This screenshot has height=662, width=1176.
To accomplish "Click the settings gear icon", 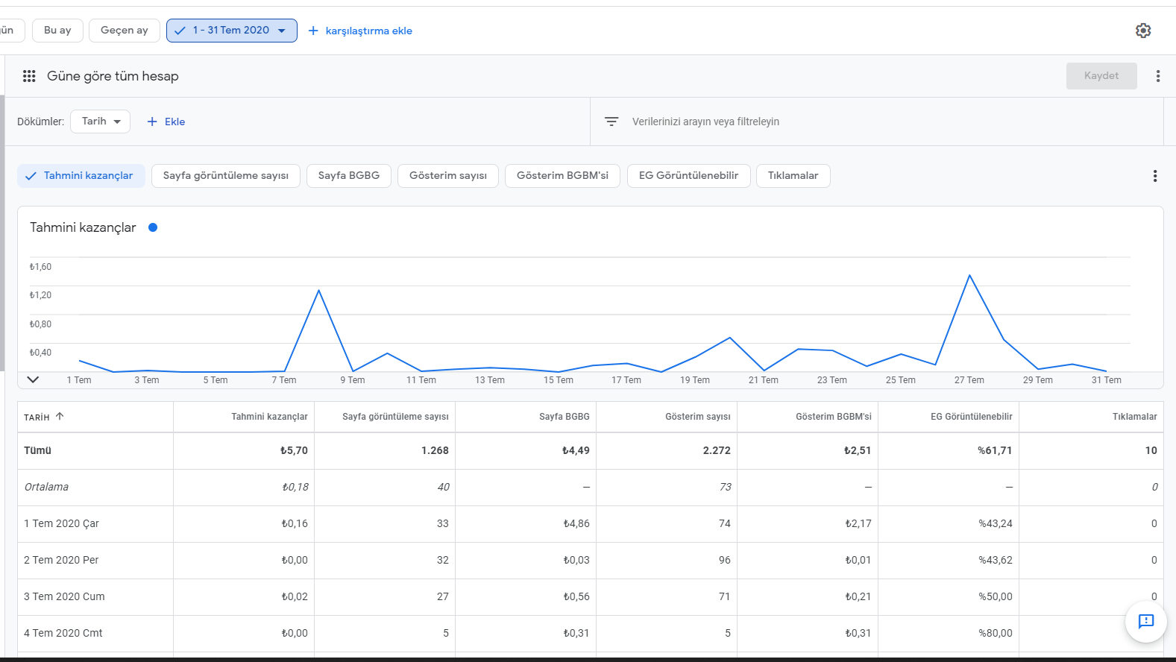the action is pyautogui.click(x=1143, y=31).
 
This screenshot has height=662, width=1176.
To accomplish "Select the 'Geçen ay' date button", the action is pyautogui.click(x=125, y=31).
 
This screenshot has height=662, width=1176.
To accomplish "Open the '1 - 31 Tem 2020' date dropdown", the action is pyautogui.click(x=231, y=31).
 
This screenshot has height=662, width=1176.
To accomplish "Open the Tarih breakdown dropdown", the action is pyautogui.click(x=100, y=122).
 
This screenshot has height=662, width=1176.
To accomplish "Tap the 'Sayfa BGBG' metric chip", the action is pyautogui.click(x=348, y=176).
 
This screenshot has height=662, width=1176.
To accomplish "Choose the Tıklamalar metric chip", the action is pyautogui.click(x=793, y=176).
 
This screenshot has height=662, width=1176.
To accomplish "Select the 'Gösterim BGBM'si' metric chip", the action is pyautogui.click(x=562, y=176).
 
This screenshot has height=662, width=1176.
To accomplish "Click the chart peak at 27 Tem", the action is pyautogui.click(x=969, y=275).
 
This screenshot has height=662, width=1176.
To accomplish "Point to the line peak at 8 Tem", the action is pyautogui.click(x=318, y=290).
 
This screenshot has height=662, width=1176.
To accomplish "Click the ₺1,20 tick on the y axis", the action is pyautogui.click(x=40, y=295).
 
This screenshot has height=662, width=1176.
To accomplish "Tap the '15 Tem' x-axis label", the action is pyautogui.click(x=558, y=380).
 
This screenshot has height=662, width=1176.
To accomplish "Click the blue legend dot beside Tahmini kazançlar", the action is pyautogui.click(x=153, y=227).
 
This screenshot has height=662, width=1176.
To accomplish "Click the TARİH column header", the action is pyautogui.click(x=37, y=417).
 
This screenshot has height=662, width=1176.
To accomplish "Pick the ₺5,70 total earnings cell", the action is pyautogui.click(x=294, y=450).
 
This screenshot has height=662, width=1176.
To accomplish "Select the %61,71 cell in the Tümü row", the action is pyautogui.click(x=994, y=450).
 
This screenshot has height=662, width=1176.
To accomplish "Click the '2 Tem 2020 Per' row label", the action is pyautogui.click(x=61, y=560).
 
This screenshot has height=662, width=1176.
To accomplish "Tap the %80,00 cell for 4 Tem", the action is pyautogui.click(x=996, y=633).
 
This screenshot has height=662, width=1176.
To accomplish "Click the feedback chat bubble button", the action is pyautogui.click(x=1145, y=622).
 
